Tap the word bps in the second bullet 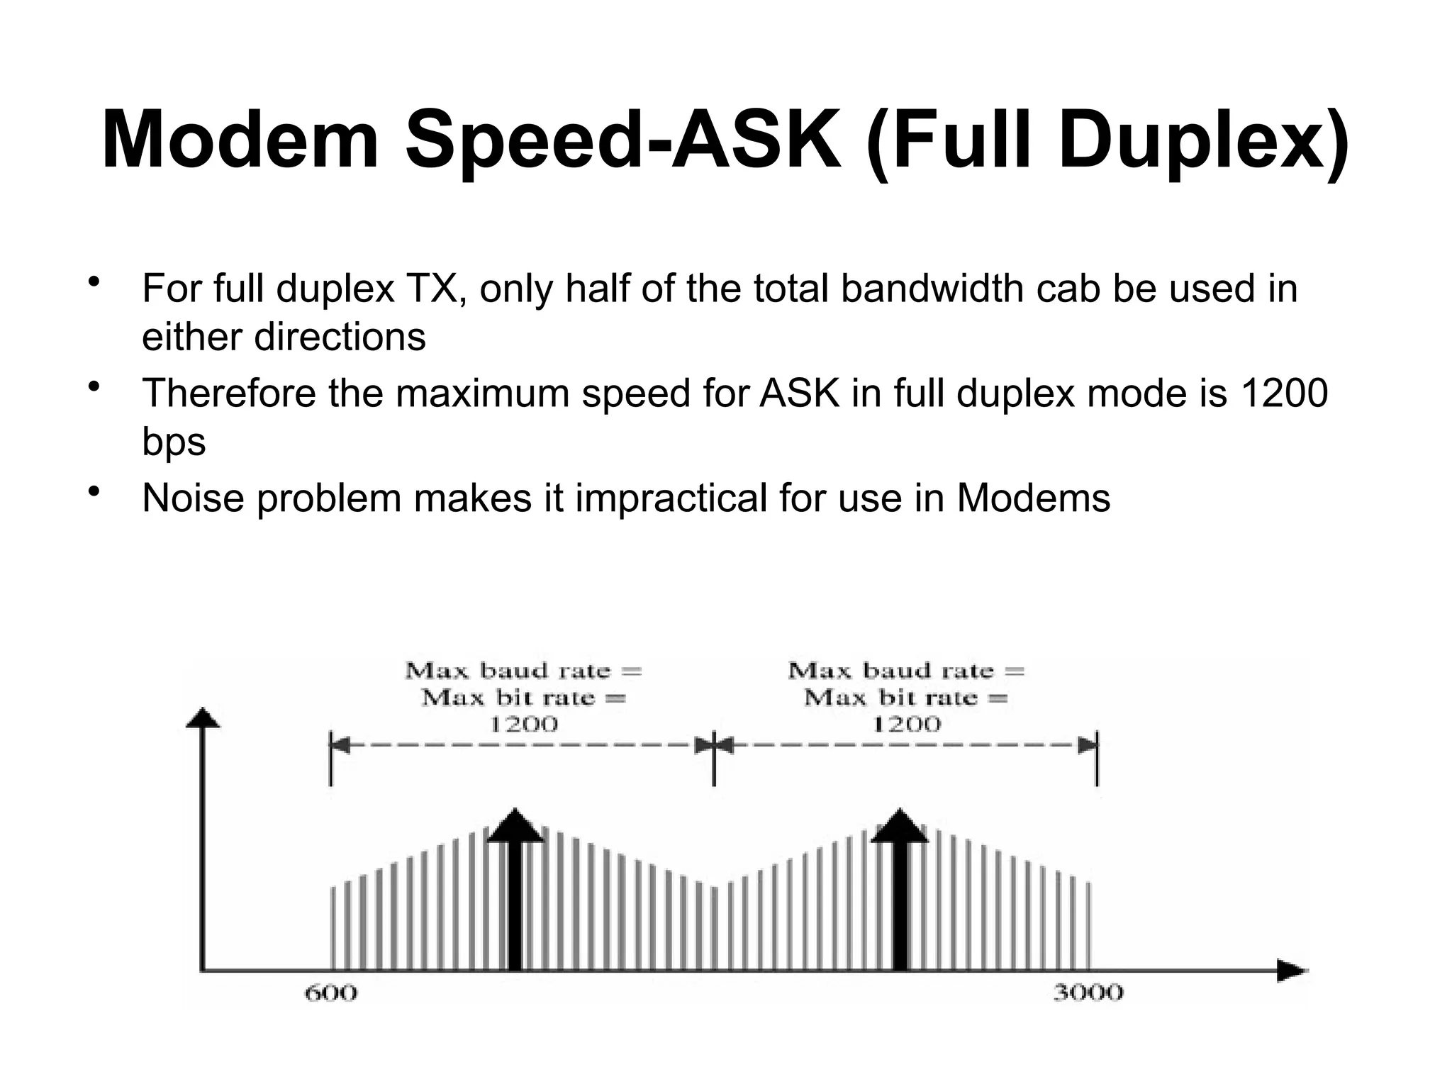[x=174, y=442]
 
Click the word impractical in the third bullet [x=671, y=498]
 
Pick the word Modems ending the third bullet [x=1033, y=498]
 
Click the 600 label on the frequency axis [x=330, y=993]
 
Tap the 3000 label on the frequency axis [x=1088, y=993]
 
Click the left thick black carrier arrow [x=515, y=893]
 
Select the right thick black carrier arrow [x=900, y=893]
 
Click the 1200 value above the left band [x=524, y=724]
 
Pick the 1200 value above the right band [x=906, y=724]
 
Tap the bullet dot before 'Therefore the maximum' [x=91, y=386]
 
